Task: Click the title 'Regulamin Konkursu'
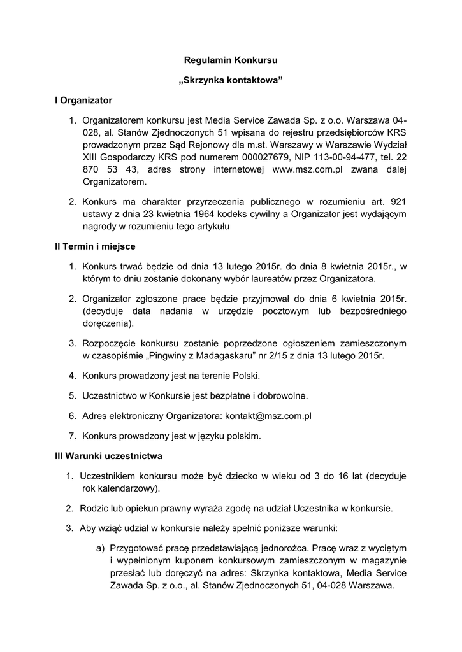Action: [231, 60]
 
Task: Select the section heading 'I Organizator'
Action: [83, 100]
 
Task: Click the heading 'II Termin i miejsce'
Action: [95, 246]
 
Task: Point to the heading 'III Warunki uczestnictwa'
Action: [109, 456]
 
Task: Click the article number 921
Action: [397, 202]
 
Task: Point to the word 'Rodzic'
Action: [94, 508]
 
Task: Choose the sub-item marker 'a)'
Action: [100, 547]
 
